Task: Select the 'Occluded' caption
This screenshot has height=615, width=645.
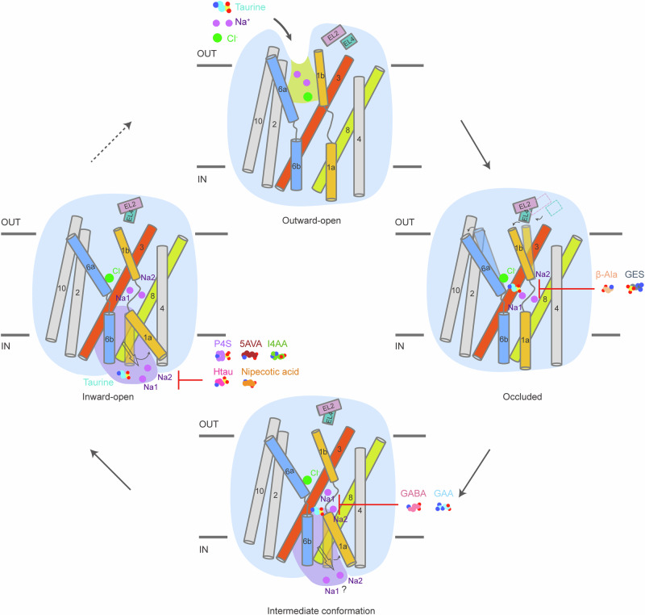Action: click(524, 397)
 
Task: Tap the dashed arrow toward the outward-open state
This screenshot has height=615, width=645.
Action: click(110, 142)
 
